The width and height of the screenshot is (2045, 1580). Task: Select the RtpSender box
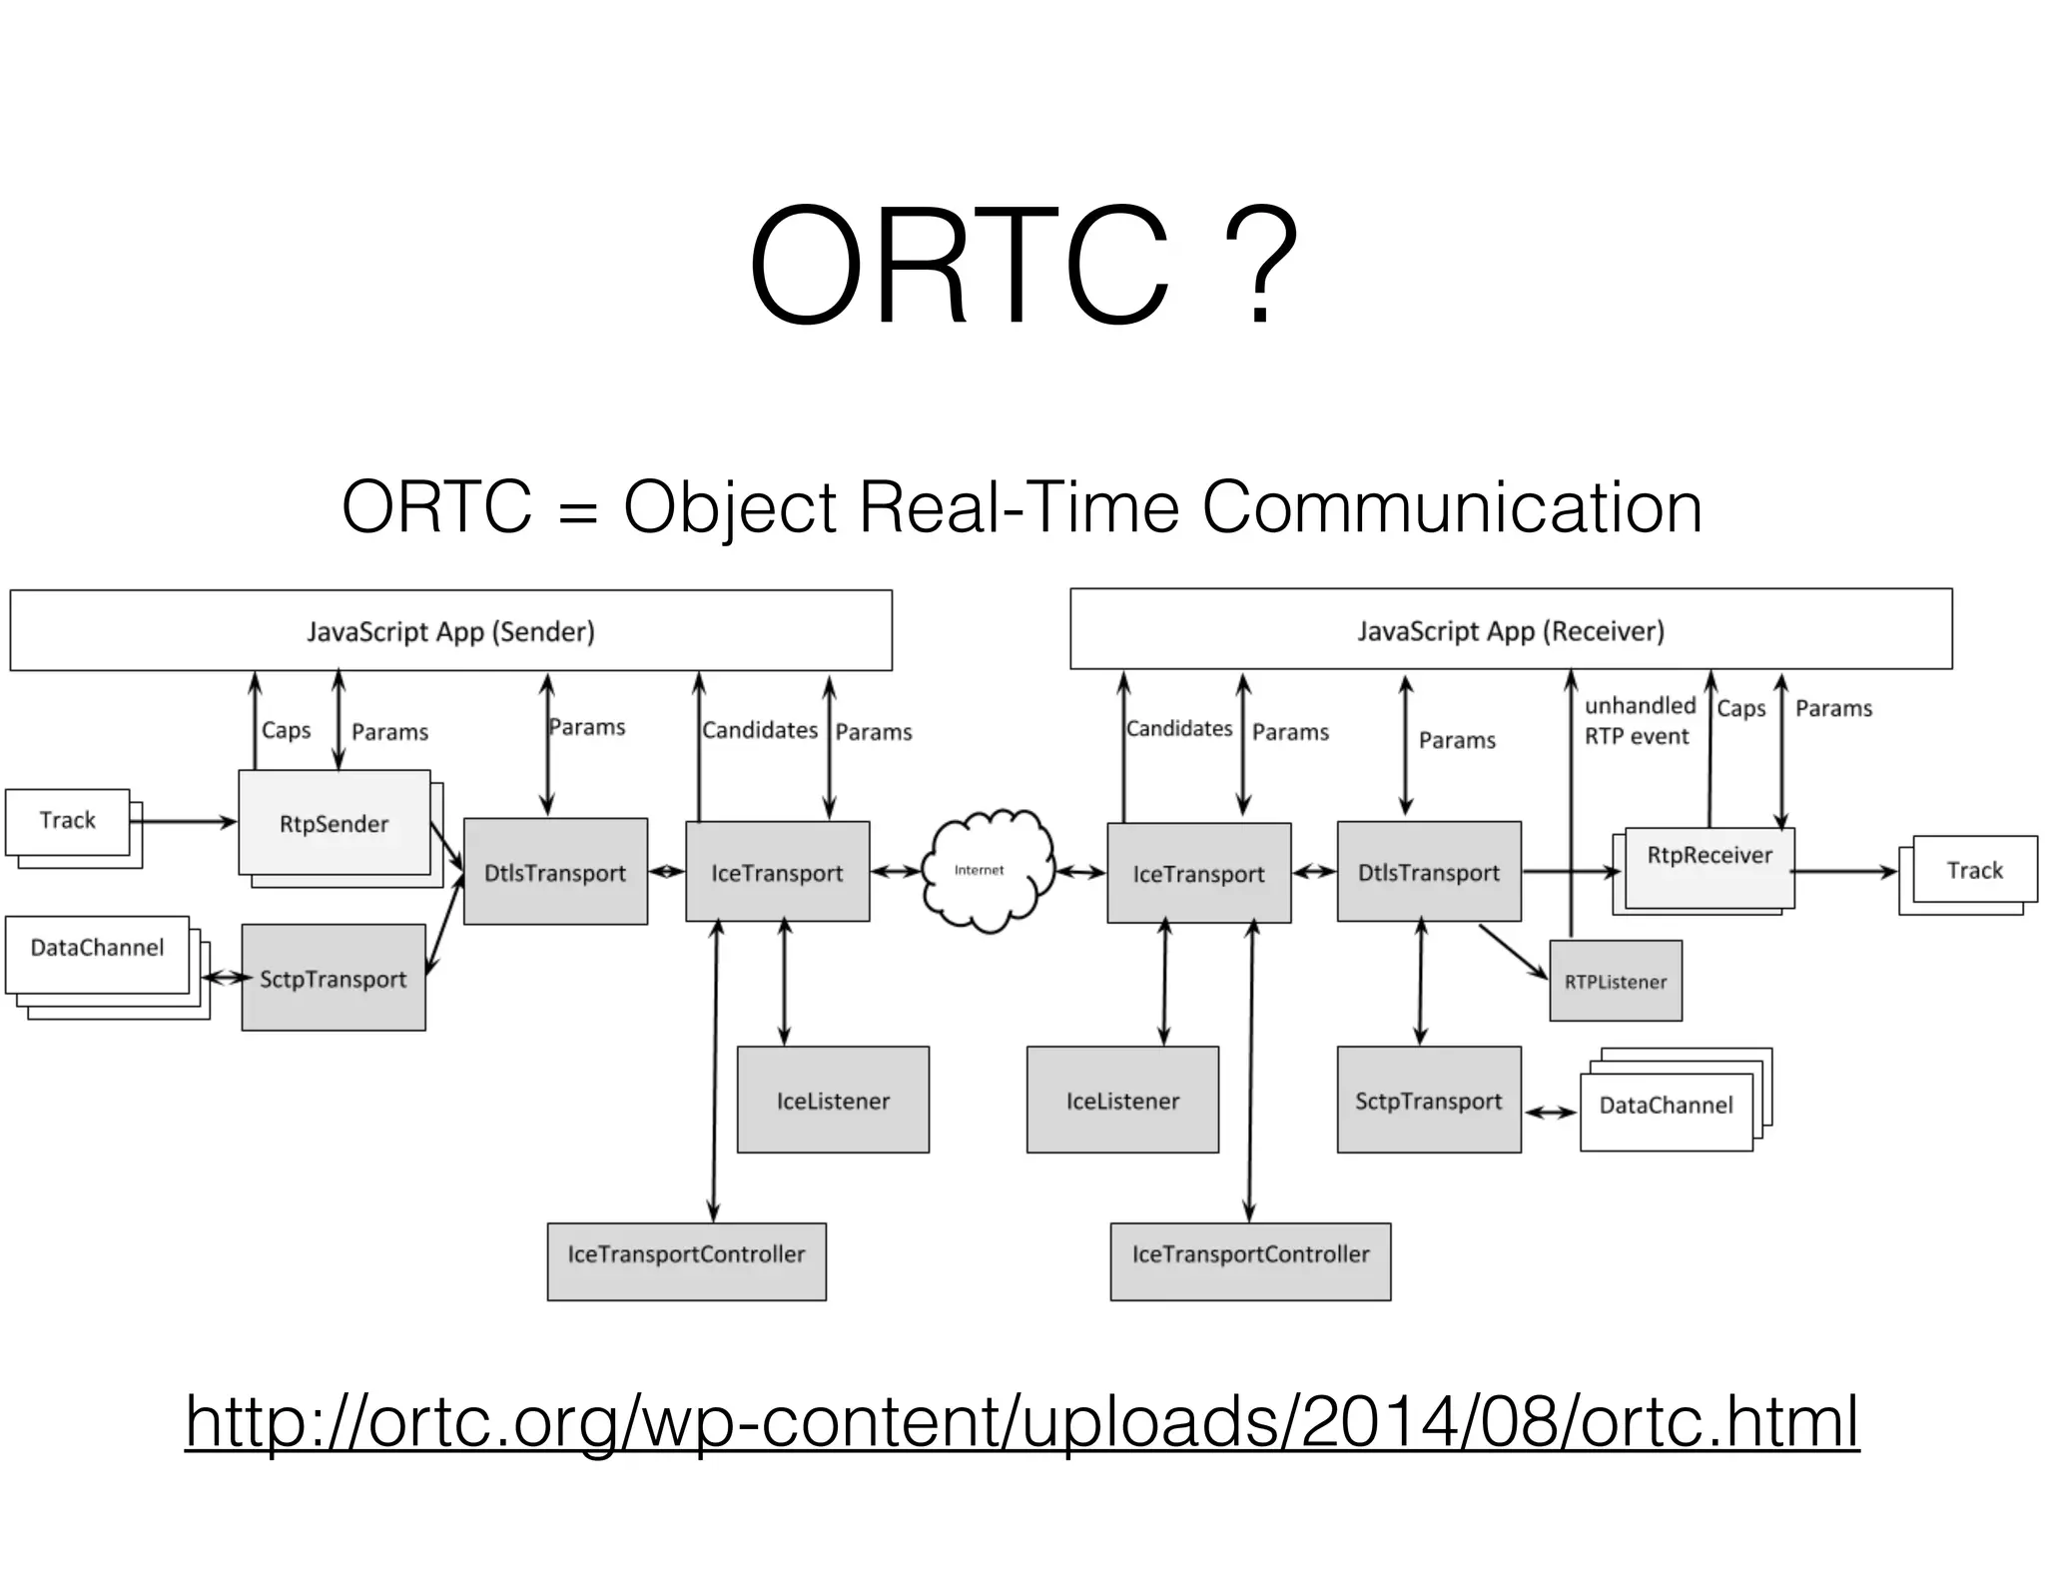334,823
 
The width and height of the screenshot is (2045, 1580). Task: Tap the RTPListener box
1615,981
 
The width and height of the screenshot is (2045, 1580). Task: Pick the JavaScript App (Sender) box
450,630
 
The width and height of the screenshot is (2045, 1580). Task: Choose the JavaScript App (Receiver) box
1510,629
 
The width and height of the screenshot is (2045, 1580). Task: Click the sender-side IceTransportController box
686,1260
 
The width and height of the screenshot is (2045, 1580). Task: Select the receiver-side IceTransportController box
1250,1260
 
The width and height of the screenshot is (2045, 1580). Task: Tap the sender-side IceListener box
833,1100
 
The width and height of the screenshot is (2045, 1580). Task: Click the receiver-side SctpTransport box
1428,1100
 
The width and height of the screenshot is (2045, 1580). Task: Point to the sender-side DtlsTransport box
555,872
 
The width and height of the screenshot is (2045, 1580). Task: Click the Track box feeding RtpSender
67,821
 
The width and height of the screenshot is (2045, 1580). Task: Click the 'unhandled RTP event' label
1639,720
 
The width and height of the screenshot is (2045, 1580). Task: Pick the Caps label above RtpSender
286,730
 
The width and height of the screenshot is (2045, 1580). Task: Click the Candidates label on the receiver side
1178,728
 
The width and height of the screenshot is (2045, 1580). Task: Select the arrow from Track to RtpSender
185,822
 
